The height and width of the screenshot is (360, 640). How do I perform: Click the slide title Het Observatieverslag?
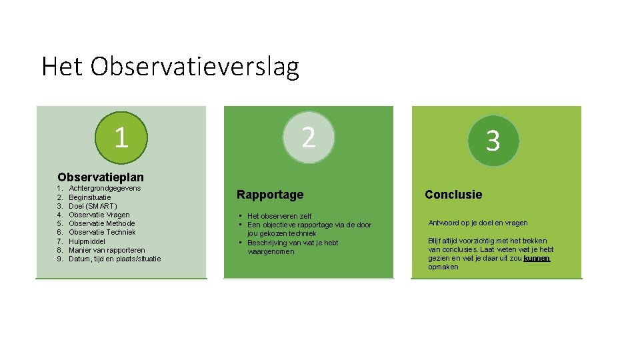tap(170, 67)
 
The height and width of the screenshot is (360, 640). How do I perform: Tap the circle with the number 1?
tap(121, 137)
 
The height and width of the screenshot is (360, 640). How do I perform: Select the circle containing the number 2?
tap(308, 137)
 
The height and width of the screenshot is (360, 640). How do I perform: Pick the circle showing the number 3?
tap(492, 141)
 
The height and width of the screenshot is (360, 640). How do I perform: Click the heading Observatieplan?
tap(101, 177)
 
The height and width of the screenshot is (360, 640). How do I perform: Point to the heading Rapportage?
tap(270, 195)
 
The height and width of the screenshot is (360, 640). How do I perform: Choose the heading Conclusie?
tap(453, 195)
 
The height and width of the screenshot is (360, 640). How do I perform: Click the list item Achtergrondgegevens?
tap(105, 189)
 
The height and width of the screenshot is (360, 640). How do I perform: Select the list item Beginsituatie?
tap(90, 197)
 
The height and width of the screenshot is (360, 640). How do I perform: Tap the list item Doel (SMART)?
tap(93, 206)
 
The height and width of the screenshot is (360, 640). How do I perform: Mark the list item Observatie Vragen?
tap(99, 215)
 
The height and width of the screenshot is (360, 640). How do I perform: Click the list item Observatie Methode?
tap(101, 223)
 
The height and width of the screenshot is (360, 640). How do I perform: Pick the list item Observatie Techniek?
tap(102, 232)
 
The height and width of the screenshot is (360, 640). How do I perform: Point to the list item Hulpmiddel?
tap(87, 241)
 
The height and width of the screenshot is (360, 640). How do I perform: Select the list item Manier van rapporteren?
tap(107, 250)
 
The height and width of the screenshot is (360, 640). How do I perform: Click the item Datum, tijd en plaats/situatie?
tap(115, 259)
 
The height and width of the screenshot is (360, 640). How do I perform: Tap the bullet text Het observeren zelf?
tap(279, 216)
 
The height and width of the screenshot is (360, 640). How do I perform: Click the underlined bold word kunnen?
tap(537, 258)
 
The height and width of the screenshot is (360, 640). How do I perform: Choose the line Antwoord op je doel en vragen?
tap(477, 223)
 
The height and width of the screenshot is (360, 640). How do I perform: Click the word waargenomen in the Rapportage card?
tap(271, 251)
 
